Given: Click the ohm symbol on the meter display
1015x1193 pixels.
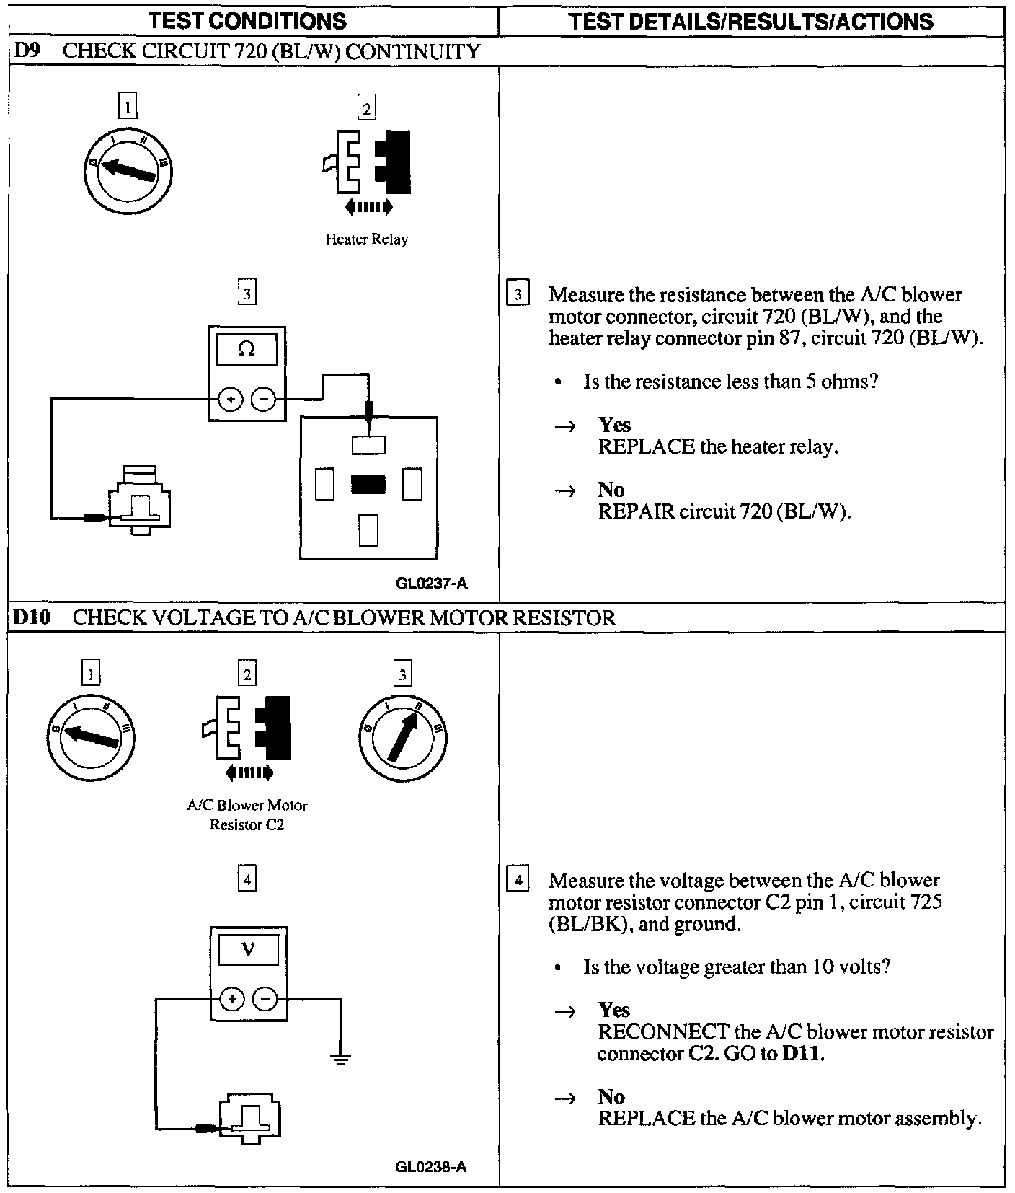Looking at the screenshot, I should coord(247,349).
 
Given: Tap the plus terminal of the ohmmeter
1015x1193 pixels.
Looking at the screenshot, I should coord(230,398).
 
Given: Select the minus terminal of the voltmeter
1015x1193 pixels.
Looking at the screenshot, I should coord(265,999).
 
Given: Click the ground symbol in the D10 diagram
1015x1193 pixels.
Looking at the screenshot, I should coord(340,1059).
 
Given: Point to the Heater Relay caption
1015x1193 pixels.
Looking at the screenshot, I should coord(366,239).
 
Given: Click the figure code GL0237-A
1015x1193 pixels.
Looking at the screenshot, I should coord(431,584).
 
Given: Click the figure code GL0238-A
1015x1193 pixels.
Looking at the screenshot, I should coord(431,1166).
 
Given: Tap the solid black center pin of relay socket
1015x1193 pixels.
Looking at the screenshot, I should coord(368,485).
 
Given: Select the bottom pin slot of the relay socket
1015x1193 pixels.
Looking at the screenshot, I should coord(368,530).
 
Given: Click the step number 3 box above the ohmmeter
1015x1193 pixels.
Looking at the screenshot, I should coord(247,294).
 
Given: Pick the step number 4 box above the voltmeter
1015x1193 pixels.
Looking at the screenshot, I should coord(247,879).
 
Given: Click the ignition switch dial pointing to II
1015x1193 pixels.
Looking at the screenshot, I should coord(402,736).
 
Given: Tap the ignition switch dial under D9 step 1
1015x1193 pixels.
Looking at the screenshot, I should coord(128,170).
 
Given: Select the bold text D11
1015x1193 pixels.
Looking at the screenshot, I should coord(802,1053).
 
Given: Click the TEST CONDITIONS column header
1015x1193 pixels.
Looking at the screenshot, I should coord(247,21).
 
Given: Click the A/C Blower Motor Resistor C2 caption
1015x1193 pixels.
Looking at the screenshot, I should coord(247,815).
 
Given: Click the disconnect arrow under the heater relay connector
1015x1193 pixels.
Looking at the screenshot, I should coord(368,208).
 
